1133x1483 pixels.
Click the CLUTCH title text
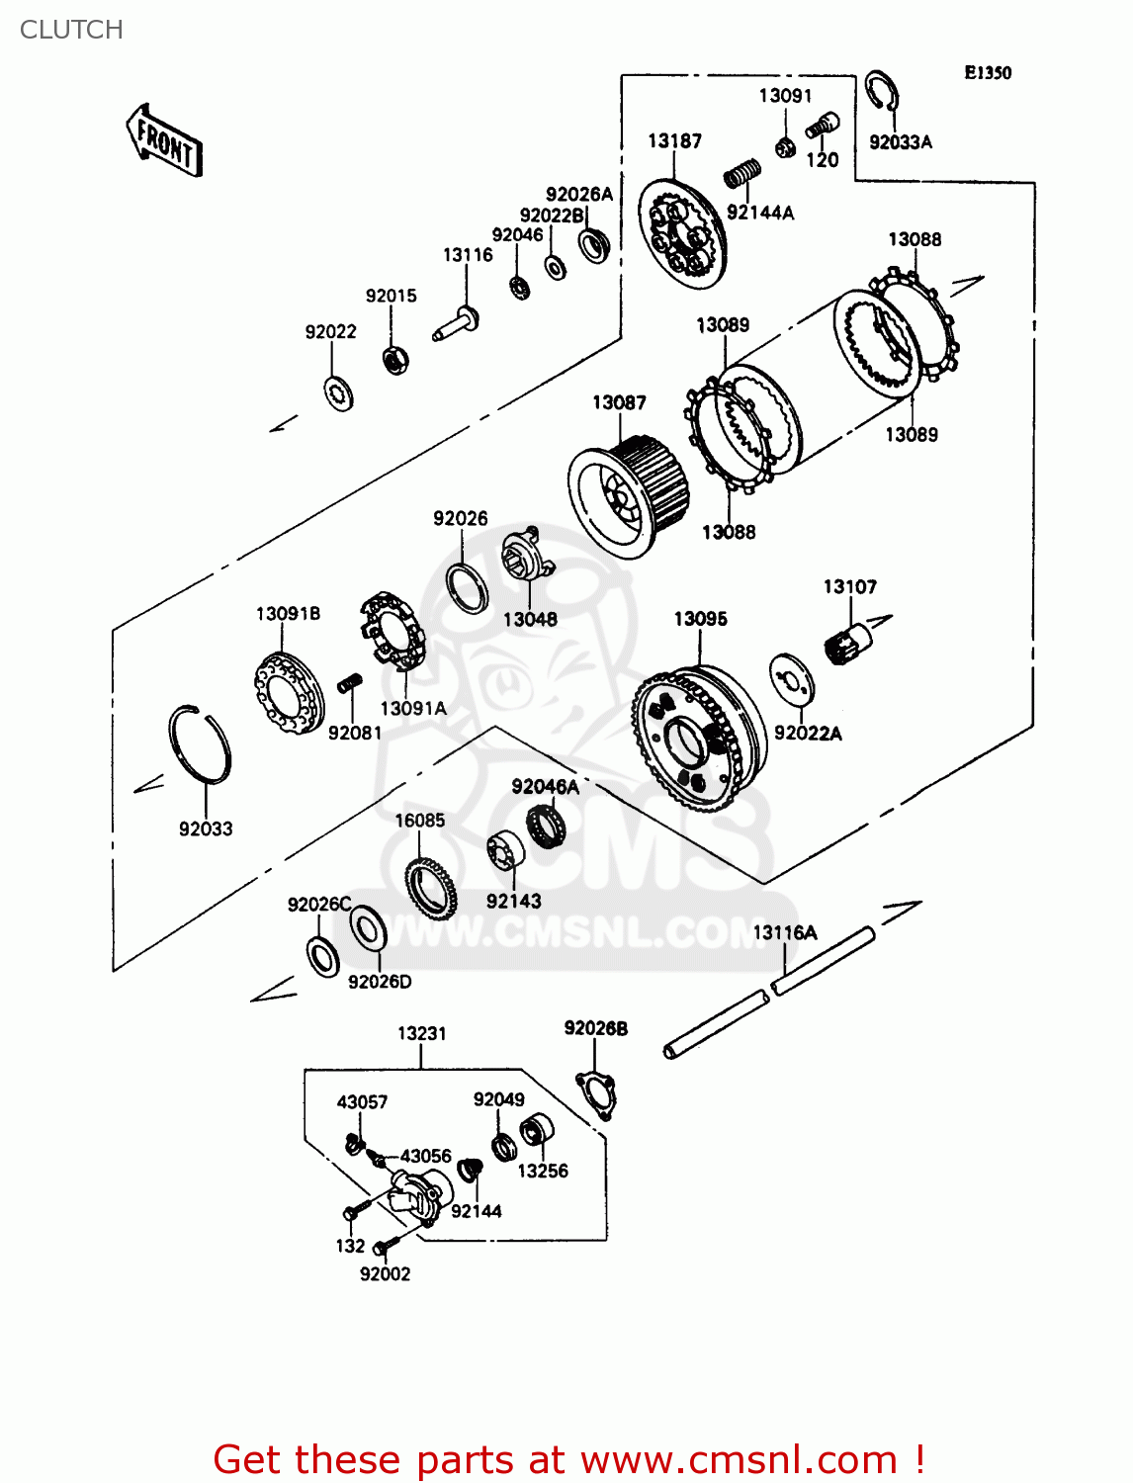click(x=71, y=30)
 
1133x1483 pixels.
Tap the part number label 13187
click(x=674, y=141)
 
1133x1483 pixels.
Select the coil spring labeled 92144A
click(x=741, y=175)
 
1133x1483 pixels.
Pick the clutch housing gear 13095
click(x=698, y=737)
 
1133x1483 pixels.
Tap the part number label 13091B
click(x=288, y=614)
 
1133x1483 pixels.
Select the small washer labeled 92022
click(x=339, y=393)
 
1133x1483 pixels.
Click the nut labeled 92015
click(x=396, y=359)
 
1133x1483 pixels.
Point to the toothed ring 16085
click(x=430, y=887)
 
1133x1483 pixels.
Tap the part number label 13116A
click(x=785, y=932)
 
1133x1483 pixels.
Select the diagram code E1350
click(x=988, y=72)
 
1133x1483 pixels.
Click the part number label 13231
click(x=421, y=1033)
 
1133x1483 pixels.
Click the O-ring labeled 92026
click(x=467, y=588)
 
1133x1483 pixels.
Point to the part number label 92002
click(x=385, y=1274)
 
